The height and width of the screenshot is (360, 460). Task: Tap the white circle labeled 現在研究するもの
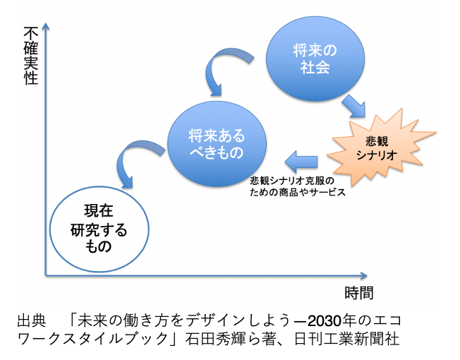point(98,228)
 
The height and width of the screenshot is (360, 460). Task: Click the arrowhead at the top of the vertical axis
point(45,27)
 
